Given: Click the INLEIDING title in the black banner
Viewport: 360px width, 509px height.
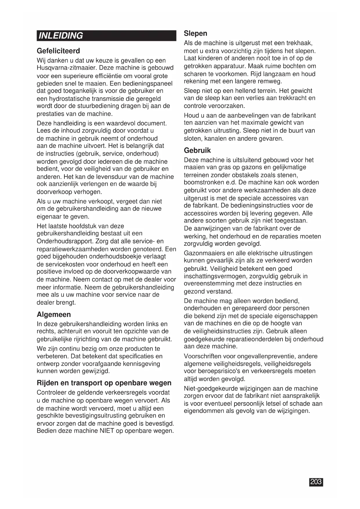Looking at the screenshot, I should (x=61, y=36).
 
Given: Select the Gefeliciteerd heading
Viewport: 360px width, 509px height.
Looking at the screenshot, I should (x=58, y=51).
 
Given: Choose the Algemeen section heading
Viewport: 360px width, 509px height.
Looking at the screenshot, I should (x=54, y=315).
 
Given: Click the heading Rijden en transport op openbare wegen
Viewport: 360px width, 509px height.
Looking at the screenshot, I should (x=104, y=383).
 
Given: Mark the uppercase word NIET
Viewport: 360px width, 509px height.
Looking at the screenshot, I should (x=107, y=431).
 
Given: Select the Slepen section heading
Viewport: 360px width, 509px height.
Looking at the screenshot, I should (x=196, y=33).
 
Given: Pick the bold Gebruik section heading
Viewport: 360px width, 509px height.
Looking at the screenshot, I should (x=197, y=150).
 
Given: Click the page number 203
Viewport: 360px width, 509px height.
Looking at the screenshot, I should (x=316, y=482).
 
